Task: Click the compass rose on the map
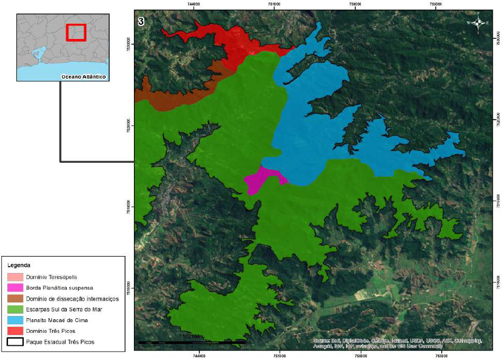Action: click(x=478, y=23)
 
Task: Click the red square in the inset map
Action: click(x=76, y=32)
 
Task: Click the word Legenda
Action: click(x=19, y=264)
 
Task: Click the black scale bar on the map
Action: click(x=192, y=342)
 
